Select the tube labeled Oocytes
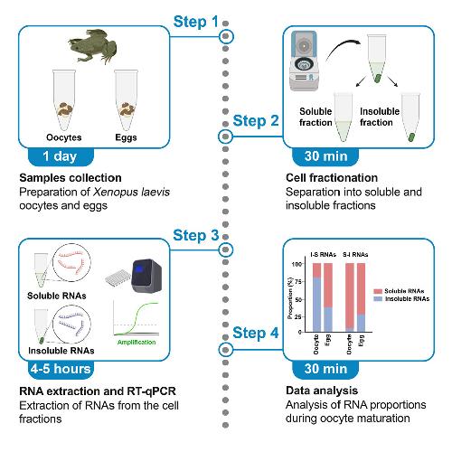tap(64, 99)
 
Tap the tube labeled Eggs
tap(126, 99)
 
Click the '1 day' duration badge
tap(61, 156)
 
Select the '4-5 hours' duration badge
tap(61, 370)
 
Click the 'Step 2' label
tap(256, 121)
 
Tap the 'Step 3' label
tap(196, 235)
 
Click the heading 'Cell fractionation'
tap(332, 178)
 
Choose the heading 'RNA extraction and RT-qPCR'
tap(98, 391)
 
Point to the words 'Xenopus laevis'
tap(131, 192)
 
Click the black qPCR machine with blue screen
tap(146, 276)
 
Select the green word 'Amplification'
tap(137, 343)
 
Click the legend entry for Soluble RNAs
tap(399, 291)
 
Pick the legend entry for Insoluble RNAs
tap(401, 299)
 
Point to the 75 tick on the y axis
tap(297, 282)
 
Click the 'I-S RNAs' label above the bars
tap(323, 255)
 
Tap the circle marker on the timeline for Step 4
tap(225, 350)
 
